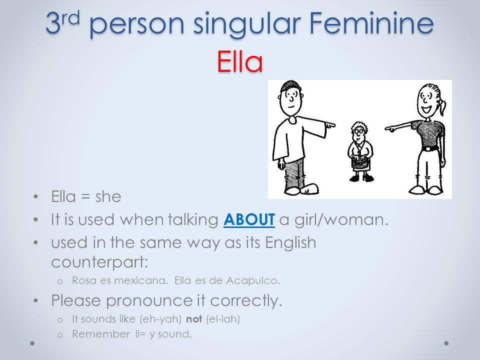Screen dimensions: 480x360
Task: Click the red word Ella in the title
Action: pos(240,61)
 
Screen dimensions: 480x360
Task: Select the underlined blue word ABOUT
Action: pos(249,219)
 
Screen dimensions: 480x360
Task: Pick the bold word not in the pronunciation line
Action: pos(194,319)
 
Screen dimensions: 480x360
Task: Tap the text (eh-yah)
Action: pos(160,319)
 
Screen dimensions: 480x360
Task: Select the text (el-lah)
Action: pos(223,319)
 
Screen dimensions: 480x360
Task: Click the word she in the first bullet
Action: pos(108,196)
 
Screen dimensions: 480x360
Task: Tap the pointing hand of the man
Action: pos(330,125)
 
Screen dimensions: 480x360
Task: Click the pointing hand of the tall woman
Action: pos(390,128)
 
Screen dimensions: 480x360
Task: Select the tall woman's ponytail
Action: pos(442,105)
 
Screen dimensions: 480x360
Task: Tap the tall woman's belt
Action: pos(430,149)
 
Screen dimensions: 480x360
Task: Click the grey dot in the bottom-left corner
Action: pos(32,343)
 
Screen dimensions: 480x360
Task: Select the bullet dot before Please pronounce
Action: pos(36,301)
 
